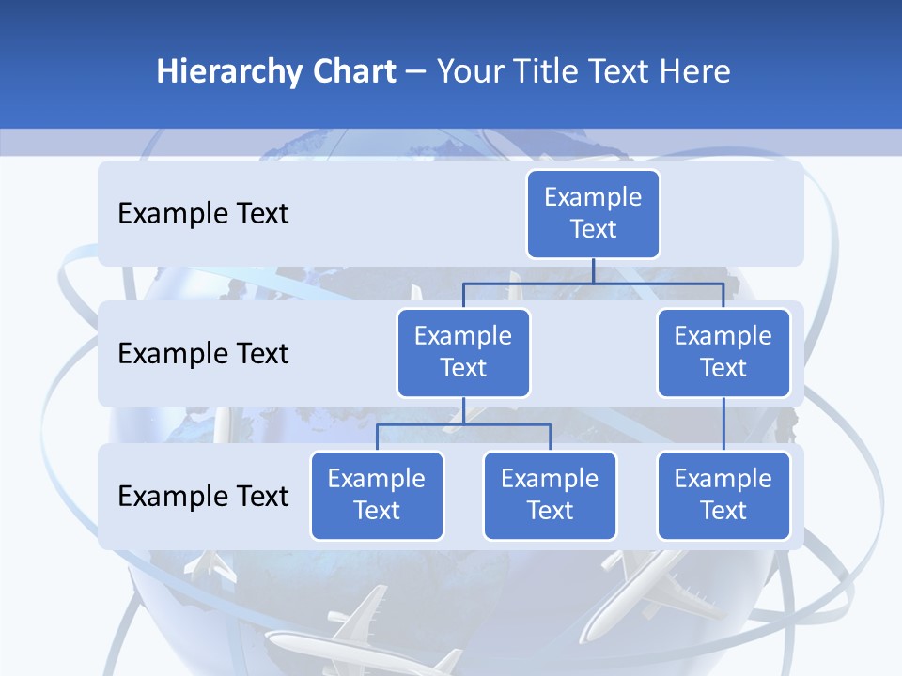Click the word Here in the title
[694, 72]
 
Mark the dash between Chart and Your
[416, 72]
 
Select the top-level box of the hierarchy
[593, 213]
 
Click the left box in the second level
[463, 352]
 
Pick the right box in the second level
[723, 352]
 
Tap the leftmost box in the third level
[377, 495]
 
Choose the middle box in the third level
[550, 495]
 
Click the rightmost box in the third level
[723, 495]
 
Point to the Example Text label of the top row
[203, 214]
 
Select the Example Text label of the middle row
[203, 354]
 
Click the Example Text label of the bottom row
[203, 496]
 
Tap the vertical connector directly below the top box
[593, 270]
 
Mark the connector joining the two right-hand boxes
[723, 424]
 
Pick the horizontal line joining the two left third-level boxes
[463, 424]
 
